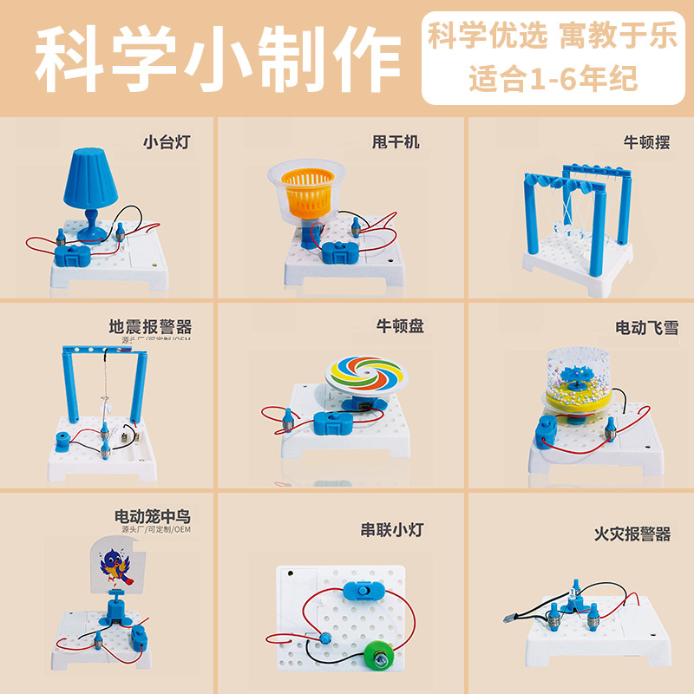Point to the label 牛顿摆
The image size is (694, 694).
click(646, 141)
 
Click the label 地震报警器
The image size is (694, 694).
click(150, 327)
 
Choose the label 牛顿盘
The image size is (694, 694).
click(400, 326)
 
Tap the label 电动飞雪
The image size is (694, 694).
click(646, 327)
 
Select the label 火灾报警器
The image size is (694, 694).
click(632, 534)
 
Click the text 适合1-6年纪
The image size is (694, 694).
click(553, 79)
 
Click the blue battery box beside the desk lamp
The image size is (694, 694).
click(73, 255)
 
